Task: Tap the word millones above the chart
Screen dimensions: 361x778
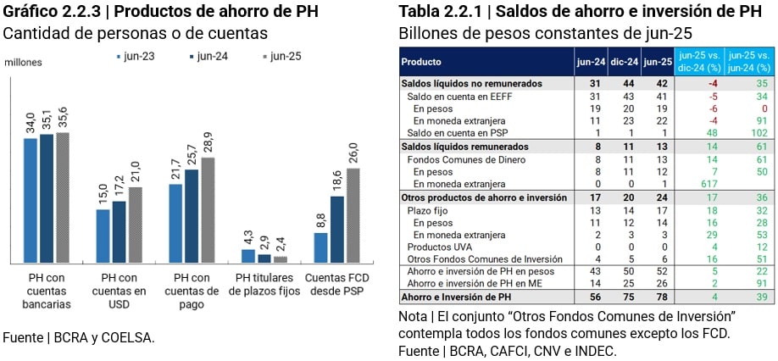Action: (x=23, y=63)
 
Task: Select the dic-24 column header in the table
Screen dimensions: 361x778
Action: (x=623, y=62)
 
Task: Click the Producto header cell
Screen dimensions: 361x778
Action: (x=421, y=62)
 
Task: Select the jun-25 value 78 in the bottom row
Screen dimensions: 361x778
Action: (x=657, y=297)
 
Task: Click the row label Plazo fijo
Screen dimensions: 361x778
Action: (x=429, y=208)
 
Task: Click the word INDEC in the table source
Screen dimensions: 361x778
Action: (x=595, y=351)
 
